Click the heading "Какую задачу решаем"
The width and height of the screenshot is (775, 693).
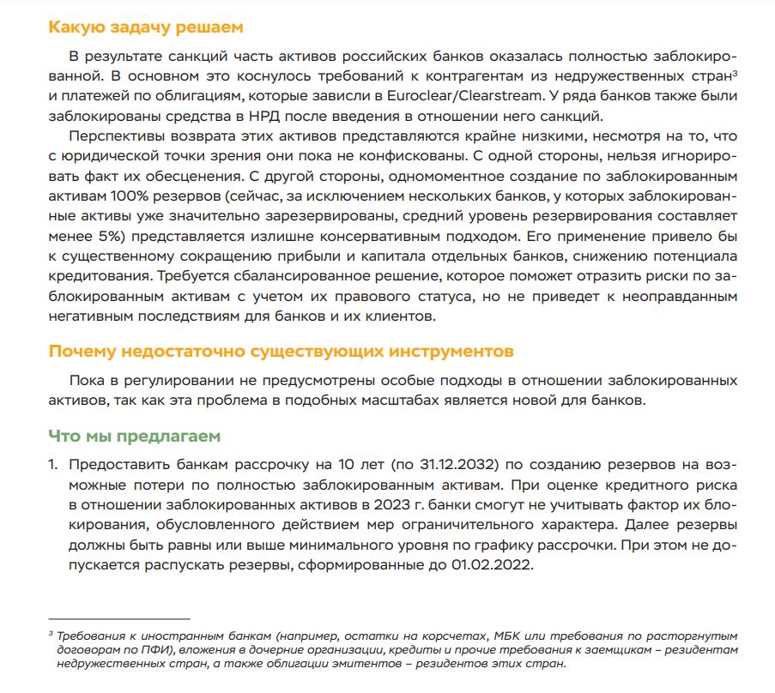coord(146,27)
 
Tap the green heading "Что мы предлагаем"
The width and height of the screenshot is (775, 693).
coord(134,436)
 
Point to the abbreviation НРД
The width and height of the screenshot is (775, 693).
coord(250,116)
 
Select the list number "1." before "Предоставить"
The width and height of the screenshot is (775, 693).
coord(53,465)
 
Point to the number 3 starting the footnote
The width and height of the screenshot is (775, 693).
coord(51,634)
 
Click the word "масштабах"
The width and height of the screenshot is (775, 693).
coord(391,401)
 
